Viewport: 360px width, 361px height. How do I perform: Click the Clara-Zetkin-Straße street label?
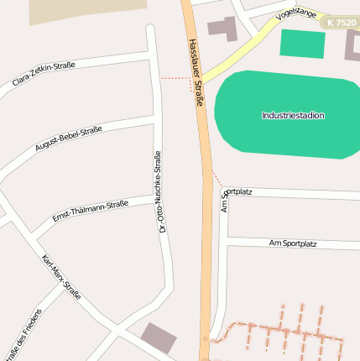point(44,74)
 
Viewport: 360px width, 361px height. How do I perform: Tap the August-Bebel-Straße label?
point(68,139)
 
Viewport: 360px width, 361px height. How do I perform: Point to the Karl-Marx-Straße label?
point(61,277)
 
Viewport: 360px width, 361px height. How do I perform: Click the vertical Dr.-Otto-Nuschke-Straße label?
point(160,191)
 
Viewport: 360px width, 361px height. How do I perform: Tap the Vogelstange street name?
point(296,14)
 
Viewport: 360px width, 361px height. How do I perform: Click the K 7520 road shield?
point(342,23)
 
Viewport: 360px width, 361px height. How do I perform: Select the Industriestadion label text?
point(293,116)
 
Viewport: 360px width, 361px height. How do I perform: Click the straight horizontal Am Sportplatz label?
point(293,243)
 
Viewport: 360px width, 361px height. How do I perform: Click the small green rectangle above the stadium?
point(302,44)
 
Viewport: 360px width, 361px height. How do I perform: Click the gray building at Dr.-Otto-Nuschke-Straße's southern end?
point(159,337)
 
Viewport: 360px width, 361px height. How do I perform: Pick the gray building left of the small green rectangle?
point(222,29)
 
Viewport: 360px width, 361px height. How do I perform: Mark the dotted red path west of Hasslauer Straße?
point(176,78)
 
